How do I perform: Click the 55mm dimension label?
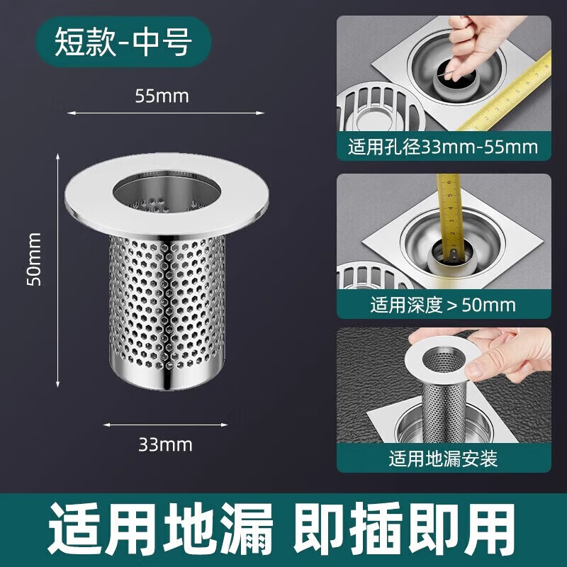click(x=162, y=96)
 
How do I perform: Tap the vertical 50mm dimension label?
click(x=35, y=259)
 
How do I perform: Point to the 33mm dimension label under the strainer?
click(x=165, y=445)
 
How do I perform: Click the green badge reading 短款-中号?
click(x=123, y=42)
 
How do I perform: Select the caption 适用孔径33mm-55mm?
click(x=443, y=147)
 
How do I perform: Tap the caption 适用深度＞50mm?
click(x=443, y=305)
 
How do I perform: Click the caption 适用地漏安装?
click(x=444, y=459)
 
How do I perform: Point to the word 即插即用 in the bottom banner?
click(x=405, y=529)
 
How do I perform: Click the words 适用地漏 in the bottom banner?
click(x=161, y=529)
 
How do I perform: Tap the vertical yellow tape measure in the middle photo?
click(x=451, y=216)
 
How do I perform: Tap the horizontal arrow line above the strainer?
click(x=166, y=113)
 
